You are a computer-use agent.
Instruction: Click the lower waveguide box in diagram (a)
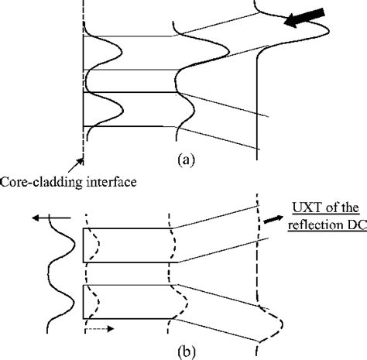pos(132,108)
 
